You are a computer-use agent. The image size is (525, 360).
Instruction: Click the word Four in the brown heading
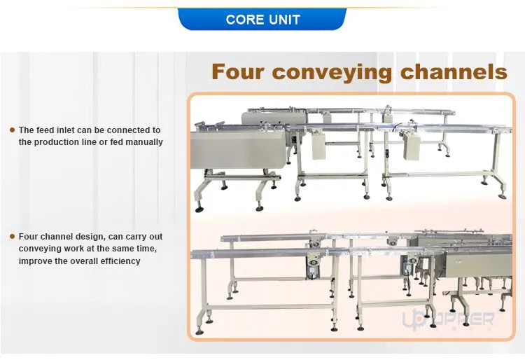[238, 71]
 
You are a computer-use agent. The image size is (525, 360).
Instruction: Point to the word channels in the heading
[454, 71]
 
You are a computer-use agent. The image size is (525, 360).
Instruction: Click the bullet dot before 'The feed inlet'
[13, 130]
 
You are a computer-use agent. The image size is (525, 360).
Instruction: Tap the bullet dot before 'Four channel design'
[13, 237]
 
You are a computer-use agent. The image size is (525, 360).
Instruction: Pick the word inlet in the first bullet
[62, 130]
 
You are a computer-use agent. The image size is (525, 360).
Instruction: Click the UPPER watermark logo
[448, 319]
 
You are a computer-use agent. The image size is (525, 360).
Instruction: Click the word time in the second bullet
[147, 249]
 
